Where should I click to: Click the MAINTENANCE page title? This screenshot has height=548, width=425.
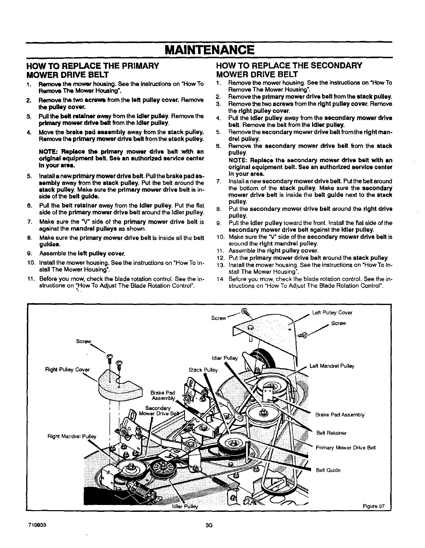209,50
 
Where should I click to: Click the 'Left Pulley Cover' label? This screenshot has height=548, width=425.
332,313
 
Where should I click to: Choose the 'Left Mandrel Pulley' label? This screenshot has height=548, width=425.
332,366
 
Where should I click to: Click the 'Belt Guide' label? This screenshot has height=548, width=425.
328,470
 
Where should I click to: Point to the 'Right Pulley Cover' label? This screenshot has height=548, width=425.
67,370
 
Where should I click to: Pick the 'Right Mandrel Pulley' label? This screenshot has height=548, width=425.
72,436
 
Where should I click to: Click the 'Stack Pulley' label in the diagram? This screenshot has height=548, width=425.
203,370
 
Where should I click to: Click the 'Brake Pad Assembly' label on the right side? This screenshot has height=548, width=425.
340,415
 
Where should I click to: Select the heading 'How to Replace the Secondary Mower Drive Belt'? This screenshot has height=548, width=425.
289,70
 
